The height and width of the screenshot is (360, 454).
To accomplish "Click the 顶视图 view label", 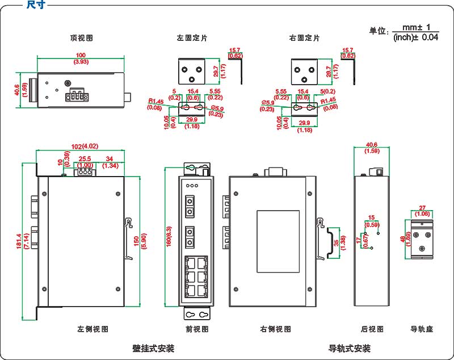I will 81,38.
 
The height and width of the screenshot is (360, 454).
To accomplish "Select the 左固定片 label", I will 192,38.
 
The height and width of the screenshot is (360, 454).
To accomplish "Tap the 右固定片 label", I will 304,38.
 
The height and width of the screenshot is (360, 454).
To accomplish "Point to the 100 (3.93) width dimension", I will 81,58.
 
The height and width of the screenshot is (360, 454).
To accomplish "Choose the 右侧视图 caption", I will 276,329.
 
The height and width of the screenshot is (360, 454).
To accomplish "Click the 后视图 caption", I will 372,329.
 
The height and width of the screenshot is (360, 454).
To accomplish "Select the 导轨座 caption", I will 422,329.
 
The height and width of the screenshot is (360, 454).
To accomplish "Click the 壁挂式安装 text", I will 153,348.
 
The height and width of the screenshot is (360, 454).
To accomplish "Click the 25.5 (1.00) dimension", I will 85,161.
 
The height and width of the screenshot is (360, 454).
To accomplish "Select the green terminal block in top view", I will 77,97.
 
